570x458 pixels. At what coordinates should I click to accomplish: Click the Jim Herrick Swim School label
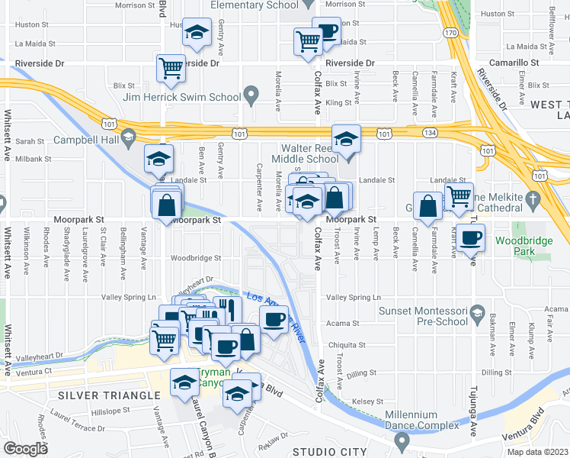[194, 97]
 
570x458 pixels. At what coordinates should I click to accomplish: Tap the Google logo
[25, 449]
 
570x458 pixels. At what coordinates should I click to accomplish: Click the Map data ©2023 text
[537, 452]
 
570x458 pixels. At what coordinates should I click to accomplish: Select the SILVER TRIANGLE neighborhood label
[109, 395]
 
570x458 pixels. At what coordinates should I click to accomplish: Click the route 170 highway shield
[450, 33]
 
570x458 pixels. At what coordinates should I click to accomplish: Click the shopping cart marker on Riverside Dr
[171, 68]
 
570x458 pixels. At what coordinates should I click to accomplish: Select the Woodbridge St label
[196, 258]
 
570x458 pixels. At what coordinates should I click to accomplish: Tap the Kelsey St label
[367, 401]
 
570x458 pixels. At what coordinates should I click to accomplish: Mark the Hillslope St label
[106, 411]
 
